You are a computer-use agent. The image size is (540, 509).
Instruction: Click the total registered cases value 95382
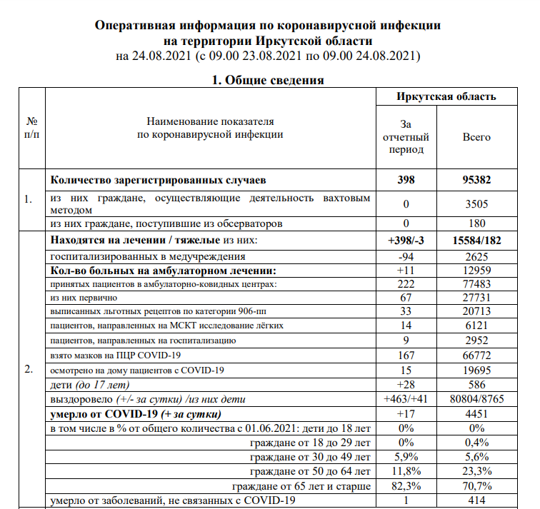pos(477,181)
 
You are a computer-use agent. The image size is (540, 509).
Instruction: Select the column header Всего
pos(477,136)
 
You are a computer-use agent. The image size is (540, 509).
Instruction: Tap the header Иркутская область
pos(446,96)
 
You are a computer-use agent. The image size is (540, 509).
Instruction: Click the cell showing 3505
pos(477,203)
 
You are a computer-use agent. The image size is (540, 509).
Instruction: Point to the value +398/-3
pos(406,241)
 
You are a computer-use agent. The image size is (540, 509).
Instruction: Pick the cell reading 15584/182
pos(477,241)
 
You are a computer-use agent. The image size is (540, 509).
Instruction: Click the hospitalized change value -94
pos(406,256)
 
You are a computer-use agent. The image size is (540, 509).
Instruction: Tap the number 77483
pos(477,284)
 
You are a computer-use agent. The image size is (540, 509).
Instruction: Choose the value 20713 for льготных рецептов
pos(477,313)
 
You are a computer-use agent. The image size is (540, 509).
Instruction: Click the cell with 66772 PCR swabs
pos(477,356)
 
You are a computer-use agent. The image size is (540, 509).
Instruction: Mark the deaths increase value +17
pos(406,414)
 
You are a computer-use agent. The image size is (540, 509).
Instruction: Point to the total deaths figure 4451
pos(477,414)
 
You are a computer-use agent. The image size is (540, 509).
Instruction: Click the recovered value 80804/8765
pos(477,399)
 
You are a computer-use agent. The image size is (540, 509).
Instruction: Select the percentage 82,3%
pos(406,486)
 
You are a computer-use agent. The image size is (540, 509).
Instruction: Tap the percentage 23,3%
pos(477,472)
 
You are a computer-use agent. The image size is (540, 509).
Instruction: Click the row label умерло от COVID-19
pos(136,414)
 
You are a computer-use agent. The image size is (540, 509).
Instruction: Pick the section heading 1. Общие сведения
pos(269,80)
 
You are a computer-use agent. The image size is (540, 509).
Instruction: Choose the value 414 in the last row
pos(477,501)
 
